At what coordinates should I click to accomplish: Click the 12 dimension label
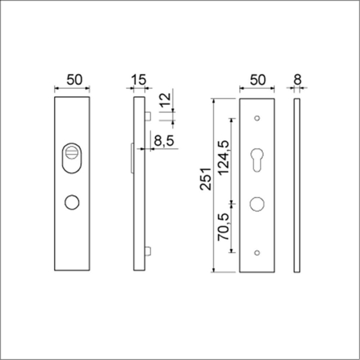(166, 101)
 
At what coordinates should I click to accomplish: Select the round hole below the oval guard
(73, 202)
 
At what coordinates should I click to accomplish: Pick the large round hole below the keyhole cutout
(257, 203)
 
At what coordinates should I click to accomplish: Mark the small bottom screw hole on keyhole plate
(257, 252)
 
